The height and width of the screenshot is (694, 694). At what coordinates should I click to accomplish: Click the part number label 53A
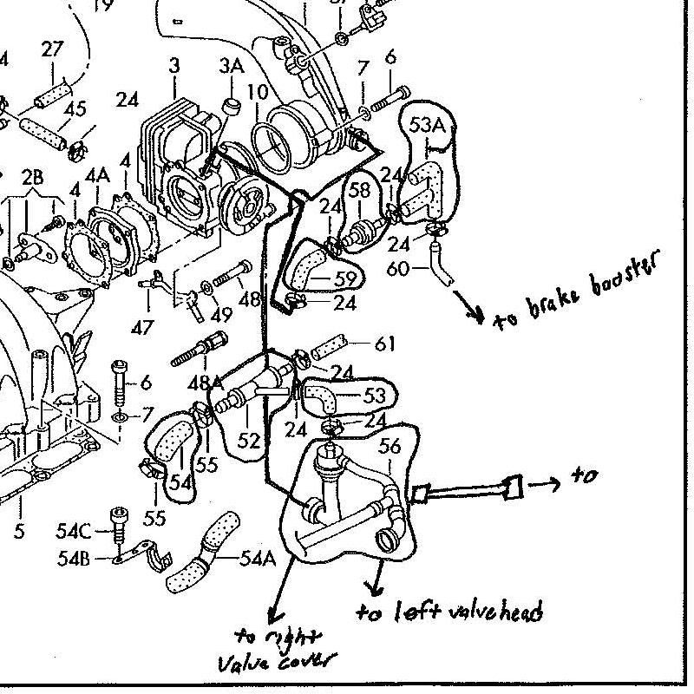pos(427,125)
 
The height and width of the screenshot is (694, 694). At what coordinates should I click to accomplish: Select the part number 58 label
pos(359,190)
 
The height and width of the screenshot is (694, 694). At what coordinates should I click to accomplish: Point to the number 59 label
pos(345,278)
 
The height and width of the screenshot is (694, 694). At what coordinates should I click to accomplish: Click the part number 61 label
pos(384,344)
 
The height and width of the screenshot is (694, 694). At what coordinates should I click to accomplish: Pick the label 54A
pos(258,559)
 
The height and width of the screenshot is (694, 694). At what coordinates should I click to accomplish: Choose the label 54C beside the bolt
pos(73,531)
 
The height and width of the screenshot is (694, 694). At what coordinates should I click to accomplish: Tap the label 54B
pos(74,559)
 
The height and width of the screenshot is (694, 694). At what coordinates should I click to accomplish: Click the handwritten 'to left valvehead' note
pos(449,612)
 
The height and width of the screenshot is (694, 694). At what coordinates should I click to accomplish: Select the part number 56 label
pos(390,446)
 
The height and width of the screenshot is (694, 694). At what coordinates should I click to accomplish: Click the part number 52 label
pos(249,441)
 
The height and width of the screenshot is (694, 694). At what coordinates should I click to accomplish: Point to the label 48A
pos(205,383)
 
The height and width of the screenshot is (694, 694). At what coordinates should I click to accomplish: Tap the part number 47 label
pos(142,328)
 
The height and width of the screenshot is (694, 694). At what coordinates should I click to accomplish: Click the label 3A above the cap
pos(232,66)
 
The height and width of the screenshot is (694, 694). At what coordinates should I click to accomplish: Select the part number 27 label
pos(52,49)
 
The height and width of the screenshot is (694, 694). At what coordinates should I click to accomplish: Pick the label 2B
pos(32,177)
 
